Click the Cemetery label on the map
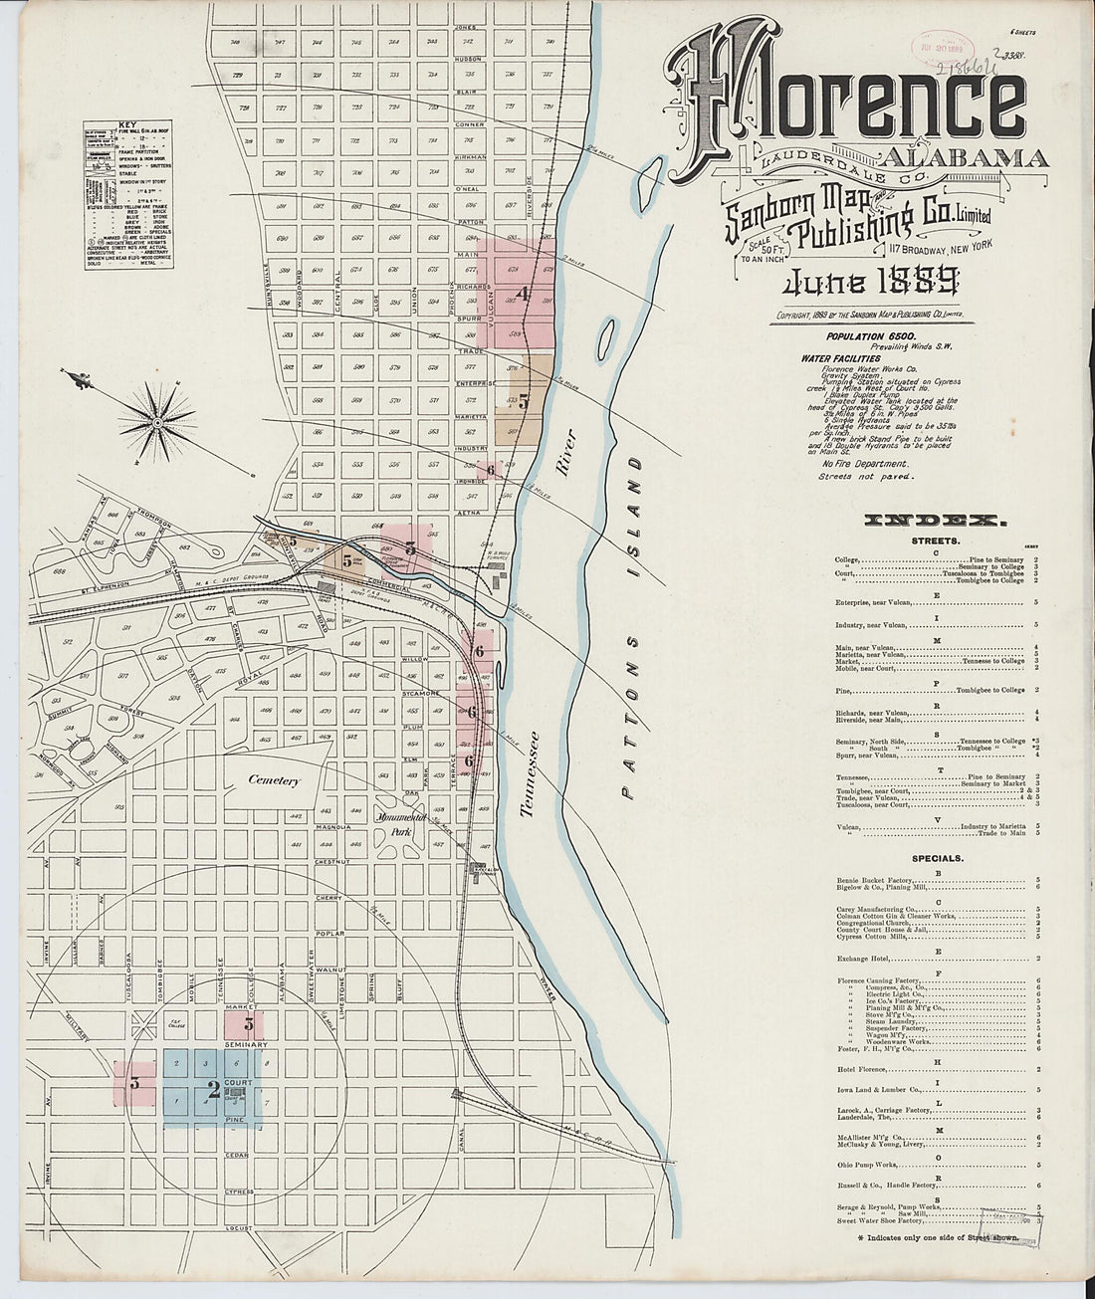pyautogui.click(x=274, y=781)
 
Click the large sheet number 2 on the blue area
pyautogui.click(x=212, y=1089)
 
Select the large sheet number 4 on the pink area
pyautogui.click(x=522, y=294)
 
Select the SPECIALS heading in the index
pyautogui.click(x=937, y=857)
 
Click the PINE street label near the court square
pyautogui.click(x=234, y=1121)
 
